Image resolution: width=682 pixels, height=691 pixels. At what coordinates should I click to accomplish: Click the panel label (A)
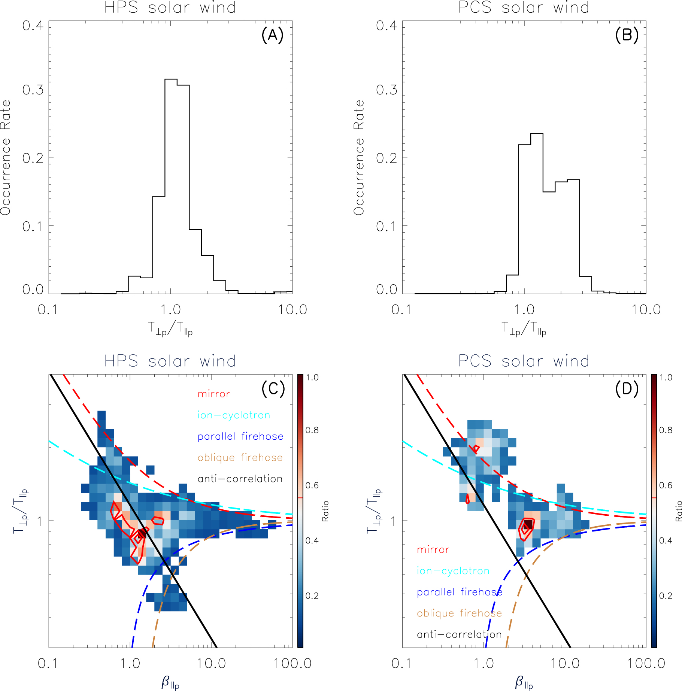pyautogui.click(x=272, y=35)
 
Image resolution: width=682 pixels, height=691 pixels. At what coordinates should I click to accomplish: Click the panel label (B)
pyautogui.click(x=626, y=35)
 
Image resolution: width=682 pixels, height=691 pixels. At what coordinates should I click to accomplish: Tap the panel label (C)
pyautogui.click(x=273, y=389)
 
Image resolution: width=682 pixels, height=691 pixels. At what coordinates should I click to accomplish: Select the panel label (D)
pyautogui.click(x=627, y=389)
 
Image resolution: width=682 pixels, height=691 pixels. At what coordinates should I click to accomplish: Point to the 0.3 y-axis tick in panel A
pyautogui.click(x=33, y=90)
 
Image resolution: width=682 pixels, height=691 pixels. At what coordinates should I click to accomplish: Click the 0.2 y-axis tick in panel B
pyautogui.click(x=386, y=158)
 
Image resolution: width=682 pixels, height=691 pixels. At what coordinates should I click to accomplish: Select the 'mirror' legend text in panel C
pyautogui.click(x=213, y=394)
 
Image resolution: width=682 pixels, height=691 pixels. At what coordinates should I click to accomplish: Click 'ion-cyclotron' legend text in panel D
pyautogui.click(x=453, y=571)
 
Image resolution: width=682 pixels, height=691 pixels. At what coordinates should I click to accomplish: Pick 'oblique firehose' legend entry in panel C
pyautogui.click(x=240, y=458)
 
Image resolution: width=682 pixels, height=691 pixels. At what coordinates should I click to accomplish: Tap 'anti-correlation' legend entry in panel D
pyautogui.click(x=459, y=634)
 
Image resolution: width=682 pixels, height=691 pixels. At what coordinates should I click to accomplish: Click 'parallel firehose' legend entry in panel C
pyautogui.click(x=240, y=436)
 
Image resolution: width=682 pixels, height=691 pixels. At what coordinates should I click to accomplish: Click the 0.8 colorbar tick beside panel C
pyautogui.click(x=312, y=430)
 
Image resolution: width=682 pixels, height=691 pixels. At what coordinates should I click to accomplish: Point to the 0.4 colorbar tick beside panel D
pyautogui.click(x=666, y=540)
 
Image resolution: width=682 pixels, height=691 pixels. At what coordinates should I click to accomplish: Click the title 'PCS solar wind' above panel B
pyautogui.click(x=524, y=7)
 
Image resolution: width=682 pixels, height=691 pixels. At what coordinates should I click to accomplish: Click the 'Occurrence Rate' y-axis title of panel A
pyautogui.click(x=5, y=157)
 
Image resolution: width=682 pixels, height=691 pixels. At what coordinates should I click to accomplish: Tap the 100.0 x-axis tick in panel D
pyautogui.click(x=646, y=664)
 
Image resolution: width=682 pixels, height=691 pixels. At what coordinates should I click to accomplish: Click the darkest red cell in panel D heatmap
pyautogui.click(x=528, y=524)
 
